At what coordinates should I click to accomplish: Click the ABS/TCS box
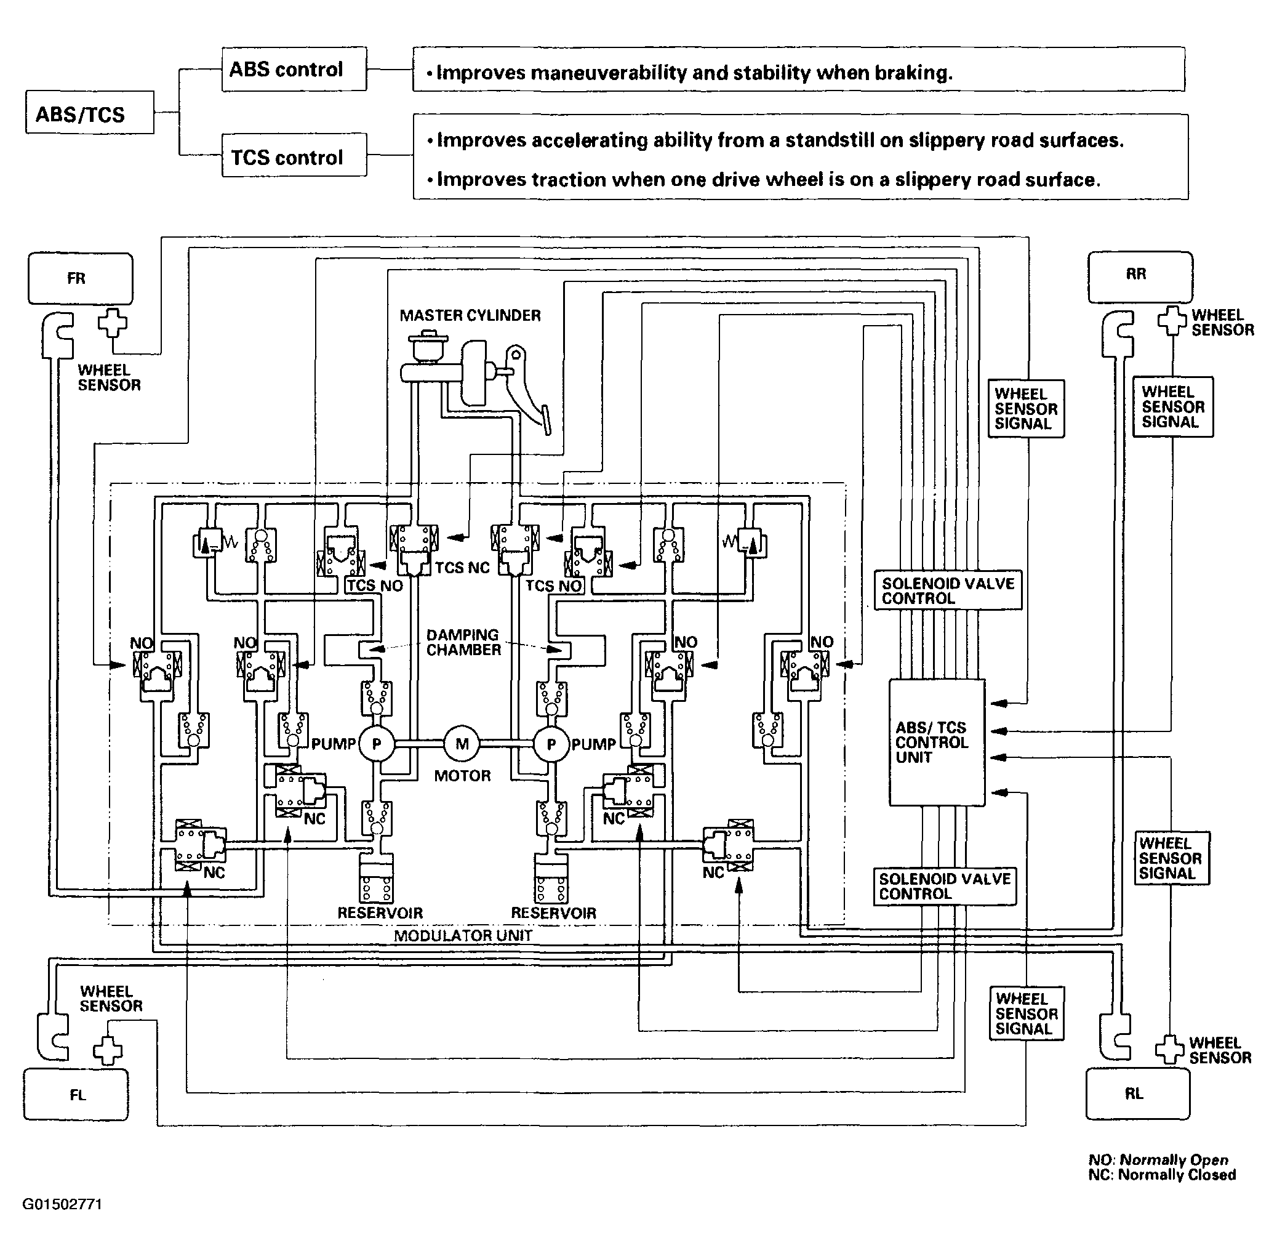click(x=90, y=113)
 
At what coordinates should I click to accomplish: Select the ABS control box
click(x=294, y=68)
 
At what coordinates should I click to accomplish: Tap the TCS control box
click(x=294, y=156)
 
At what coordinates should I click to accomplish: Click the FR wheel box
click(x=80, y=278)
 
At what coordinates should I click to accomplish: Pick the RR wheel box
click(x=1139, y=276)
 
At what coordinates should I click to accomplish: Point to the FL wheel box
click(x=76, y=1095)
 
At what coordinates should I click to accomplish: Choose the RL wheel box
click(x=1137, y=1093)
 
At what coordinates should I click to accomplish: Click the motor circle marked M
click(x=462, y=744)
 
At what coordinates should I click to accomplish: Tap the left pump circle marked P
click(x=377, y=744)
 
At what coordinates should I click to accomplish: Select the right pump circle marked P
click(x=551, y=744)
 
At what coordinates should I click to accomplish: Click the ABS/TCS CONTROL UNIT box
click(x=936, y=742)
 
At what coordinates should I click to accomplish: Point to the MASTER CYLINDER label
click(x=470, y=315)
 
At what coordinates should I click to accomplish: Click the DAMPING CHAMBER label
click(x=463, y=642)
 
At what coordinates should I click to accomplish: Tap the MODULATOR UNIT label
click(x=463, y=935)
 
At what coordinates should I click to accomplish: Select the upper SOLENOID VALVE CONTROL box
click(x=947, y=590)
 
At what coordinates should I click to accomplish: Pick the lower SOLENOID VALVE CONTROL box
click(x=945, y=886)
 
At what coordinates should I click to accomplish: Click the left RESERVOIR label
click(x=380, y=913)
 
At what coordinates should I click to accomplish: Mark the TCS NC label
click(x=462, y=567)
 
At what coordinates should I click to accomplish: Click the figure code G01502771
click(x=63, y=1204)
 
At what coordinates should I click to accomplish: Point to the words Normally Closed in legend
click(x=1177, y=1174)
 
